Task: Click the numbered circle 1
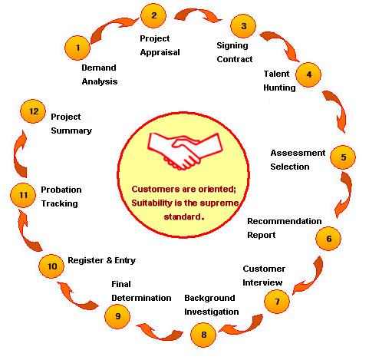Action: tap(77, 48)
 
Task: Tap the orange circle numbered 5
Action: tap(343, 157)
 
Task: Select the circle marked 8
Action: tap(203, 335)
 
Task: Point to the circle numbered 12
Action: tap(33, 111)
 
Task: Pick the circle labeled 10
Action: tap(51, 266)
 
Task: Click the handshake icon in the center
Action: tap(185, 151)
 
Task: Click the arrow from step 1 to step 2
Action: tap(113, 28)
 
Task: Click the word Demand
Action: tap(99, 68)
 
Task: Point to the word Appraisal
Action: tap(160, 52)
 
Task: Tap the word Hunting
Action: tap(279, 88)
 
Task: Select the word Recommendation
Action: tap(285, 221)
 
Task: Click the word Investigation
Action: tap(212, 312)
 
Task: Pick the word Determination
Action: tap(141, 298)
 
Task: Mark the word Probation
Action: tap(61, 190)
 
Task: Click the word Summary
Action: tap(71, 130)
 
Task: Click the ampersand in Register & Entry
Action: tap(109, 260)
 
